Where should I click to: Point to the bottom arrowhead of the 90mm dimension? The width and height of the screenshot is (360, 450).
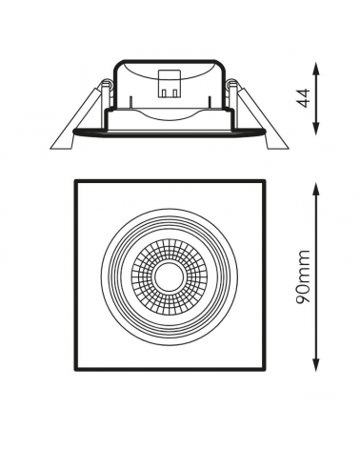pyautogui.click(x=314, y=366)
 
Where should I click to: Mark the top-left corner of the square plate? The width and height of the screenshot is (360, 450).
pyautogui.click(x=75, y=180)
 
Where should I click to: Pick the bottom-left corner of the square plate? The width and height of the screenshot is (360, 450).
pyautogui.click(x=75, y=370)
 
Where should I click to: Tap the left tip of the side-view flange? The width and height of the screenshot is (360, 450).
pyautogui.click(x=50, y=144)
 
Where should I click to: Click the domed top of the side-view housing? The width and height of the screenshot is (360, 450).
pyautogui.click(x=170, y=65)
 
